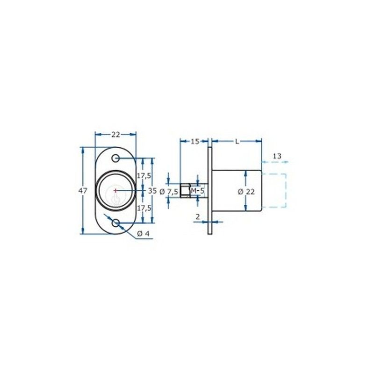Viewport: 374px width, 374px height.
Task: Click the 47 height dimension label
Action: pos(83,191)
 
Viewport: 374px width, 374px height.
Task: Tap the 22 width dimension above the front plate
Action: pos(115,135)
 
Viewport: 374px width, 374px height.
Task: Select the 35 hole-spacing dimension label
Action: pos(152,191)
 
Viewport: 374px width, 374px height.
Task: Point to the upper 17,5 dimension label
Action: pos(144,176)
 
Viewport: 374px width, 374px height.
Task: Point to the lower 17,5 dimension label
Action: pos(144,208)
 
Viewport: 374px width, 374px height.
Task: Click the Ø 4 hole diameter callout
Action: pos(143,234)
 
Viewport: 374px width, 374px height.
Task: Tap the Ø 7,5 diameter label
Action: pos(169,192)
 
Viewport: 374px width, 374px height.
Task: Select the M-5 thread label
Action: pos(198,191)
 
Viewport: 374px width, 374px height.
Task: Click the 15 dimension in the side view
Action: pos(194,142)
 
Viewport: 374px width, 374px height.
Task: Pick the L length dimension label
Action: pos(237,142)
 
